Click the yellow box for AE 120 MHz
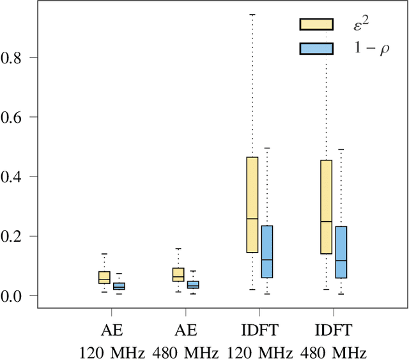104,277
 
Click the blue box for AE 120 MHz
119,286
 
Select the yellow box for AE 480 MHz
178,274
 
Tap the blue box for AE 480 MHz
193,285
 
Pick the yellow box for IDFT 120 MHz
252,205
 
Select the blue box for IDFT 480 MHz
341,252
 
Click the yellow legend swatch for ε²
316,24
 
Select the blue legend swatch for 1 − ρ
316,48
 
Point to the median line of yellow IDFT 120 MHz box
252,219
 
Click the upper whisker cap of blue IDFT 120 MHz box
267,148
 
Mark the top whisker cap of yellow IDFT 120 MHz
252,14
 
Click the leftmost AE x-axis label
112,330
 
